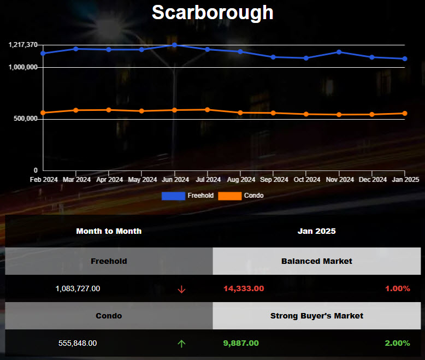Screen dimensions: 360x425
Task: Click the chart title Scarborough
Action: [212, 12]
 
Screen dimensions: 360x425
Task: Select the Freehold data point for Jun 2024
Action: [174, 45]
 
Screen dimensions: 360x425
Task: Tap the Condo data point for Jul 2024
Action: [208, 109]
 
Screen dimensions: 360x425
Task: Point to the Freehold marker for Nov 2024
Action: [339, 52]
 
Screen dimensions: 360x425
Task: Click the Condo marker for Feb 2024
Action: [43, 113]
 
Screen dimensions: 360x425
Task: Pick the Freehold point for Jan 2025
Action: [405, 58]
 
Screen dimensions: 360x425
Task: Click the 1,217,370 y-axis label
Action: [23, 44]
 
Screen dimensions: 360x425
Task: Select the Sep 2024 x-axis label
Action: [273, 179]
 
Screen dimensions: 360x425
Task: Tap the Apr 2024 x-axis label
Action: [109, 179]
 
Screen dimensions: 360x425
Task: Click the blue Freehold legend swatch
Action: [173, 196]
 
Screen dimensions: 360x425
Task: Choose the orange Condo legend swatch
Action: [229, 196]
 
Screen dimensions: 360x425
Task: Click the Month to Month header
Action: [109, 231]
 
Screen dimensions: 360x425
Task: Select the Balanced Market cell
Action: [317, 261]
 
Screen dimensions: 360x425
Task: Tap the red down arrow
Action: [182, 289]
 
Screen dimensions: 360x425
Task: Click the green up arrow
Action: [182, 344]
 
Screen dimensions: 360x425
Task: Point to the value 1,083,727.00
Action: [78, 288]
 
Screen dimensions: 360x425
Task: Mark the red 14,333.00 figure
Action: [244, 288]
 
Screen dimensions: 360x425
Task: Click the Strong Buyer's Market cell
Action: [317, 316]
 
